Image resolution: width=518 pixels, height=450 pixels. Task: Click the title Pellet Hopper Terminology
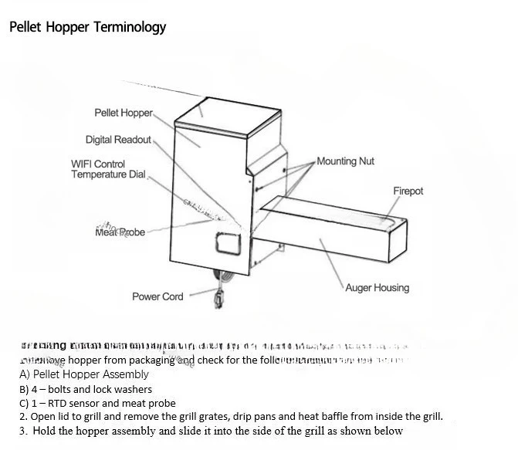pos(87,27)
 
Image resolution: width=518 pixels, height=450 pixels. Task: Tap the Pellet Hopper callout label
pos(124,113)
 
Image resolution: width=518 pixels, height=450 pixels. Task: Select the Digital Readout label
pos(118,140)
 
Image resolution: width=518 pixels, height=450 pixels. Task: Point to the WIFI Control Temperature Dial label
pos(108,169)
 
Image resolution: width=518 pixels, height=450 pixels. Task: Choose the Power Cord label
pos(157,296)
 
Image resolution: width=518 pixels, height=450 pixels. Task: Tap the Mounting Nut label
pos(345,161)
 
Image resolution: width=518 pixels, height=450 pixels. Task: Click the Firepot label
pos(408,191)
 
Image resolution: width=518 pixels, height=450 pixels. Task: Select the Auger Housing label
pos(377,288)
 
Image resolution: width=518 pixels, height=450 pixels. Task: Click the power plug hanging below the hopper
pos(219,296)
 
